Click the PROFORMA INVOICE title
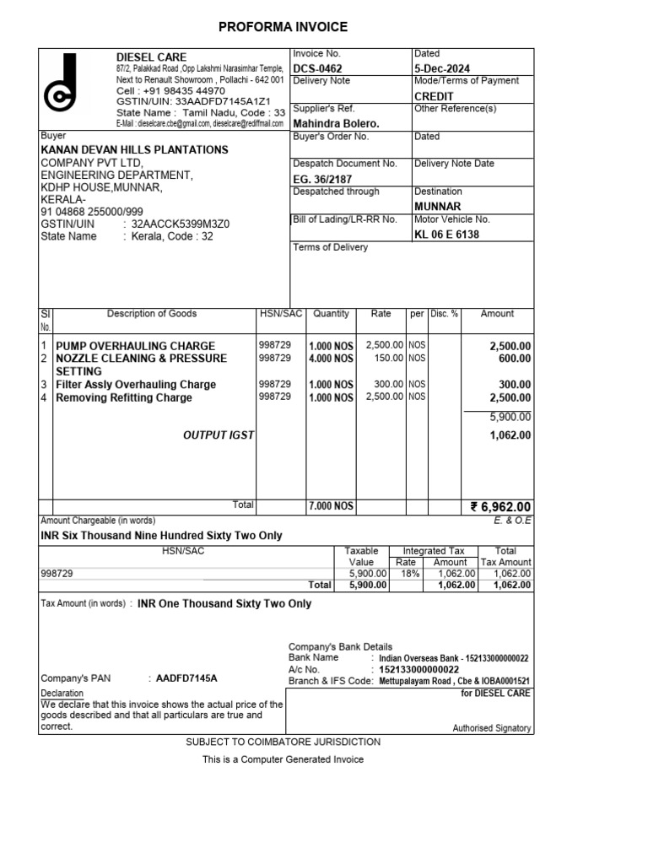[x=283, y=27]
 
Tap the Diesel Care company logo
[x=62, y=87]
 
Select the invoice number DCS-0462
[x=317, y=68]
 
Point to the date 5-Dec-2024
[x=442, y=68]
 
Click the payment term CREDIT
[x=434, y=96]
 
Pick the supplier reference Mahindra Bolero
[x=336, y=124]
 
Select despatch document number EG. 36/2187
[x=322, y=179]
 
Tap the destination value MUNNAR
[x=437, y=206]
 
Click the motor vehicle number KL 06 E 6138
[x=446, y=234]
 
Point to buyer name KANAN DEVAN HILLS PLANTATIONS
[x=134, y=149]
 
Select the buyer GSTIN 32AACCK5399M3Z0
[x=176, y=224]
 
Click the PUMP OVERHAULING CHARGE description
[x=135, y=346]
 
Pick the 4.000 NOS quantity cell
[x=331, y=359]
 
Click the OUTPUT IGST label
[x=218, y=435]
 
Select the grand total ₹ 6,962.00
[x=500, y=507]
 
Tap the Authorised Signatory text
[x=492, y=727]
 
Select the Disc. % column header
[x=444, y=314]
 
